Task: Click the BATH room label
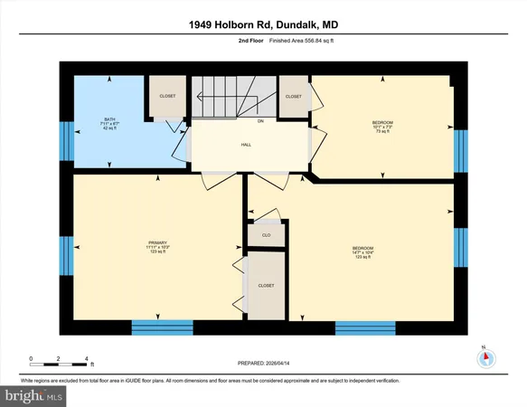pyautogui.click(x=109, y=119)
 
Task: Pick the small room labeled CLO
pyautogui.click(x=266, y=234)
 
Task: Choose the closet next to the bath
pyautogui.click(x=167, y=96)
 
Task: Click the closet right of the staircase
pyautogui.click(x=293, y=96)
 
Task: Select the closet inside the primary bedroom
pyautogui.click(x=266, y=285)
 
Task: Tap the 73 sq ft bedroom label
pyautogui.click(x=382, y=125)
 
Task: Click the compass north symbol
pyautogui.click(x=485, y=357)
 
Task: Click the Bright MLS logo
pyautogui.click(x=34, y=396)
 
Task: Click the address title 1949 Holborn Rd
pyautogui.click(x=263, y=18)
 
